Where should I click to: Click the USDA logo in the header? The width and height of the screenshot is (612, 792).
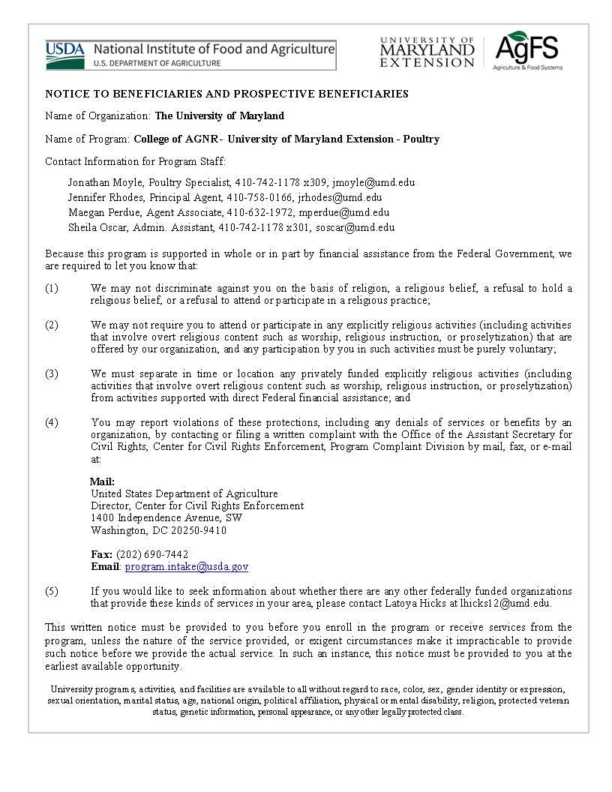coord(66,54)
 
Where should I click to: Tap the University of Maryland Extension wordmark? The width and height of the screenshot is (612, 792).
coord(427,52)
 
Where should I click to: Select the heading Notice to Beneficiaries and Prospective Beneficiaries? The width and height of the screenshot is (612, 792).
coord(226,94)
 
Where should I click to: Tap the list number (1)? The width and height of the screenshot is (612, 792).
coord(52,288)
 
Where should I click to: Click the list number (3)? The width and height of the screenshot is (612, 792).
coord(52,373)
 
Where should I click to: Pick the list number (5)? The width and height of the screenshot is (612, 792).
coord(52,591)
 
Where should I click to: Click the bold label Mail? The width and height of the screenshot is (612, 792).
coord(103,481)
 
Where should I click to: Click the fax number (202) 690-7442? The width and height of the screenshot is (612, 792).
coord(152,554)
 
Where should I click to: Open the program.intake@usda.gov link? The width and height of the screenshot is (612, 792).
coord(187,567)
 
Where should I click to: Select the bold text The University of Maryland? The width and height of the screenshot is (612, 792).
coord(219,115)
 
